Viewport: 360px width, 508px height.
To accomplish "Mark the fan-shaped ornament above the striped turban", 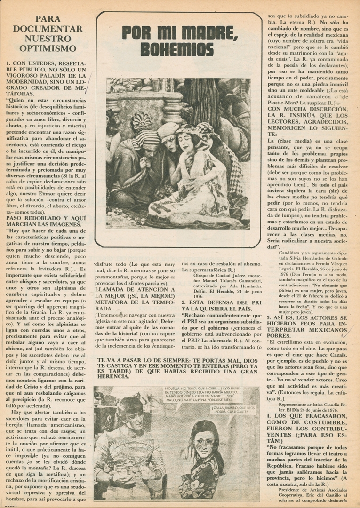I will [141, 121].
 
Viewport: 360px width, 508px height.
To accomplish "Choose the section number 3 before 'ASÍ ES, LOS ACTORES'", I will [269, 318].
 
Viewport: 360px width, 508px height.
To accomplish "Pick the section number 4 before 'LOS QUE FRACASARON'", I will [269, 416].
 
